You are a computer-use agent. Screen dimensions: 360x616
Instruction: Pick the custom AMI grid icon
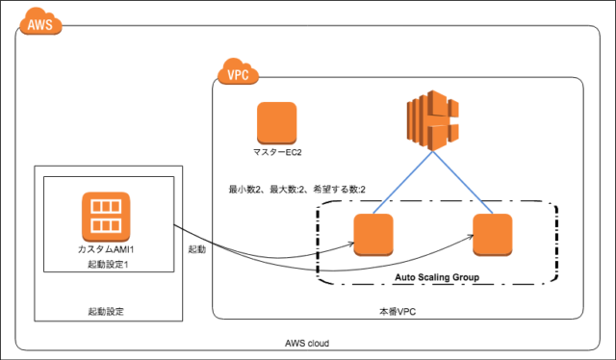(100, 216)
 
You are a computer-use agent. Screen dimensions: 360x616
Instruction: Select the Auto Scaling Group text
(437, 276)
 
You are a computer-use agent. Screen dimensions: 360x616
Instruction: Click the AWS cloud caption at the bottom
(310, 343)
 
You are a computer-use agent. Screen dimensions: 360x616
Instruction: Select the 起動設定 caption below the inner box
(105, 311)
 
